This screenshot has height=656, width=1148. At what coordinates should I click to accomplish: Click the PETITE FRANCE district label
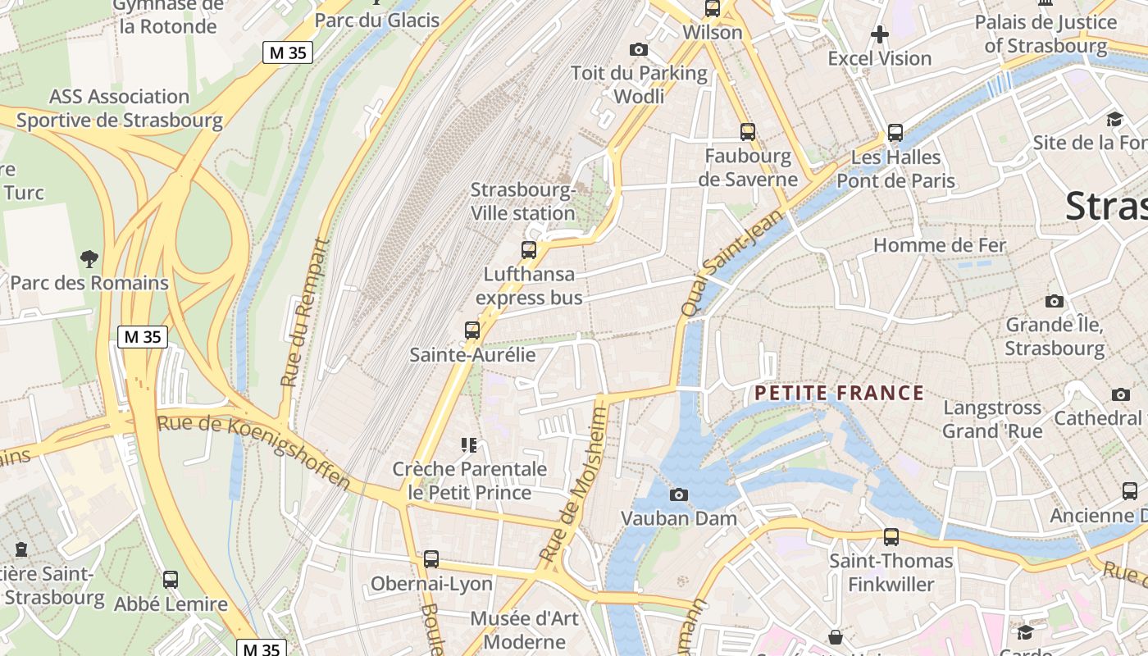(839, 393)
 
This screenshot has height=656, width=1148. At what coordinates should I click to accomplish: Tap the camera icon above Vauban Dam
(679, 494)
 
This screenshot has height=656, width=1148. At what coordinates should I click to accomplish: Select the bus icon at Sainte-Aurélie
(472, 330)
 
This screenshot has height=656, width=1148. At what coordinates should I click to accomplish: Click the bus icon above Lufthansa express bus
(529, 250)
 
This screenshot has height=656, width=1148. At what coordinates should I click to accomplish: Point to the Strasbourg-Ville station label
(522, 202)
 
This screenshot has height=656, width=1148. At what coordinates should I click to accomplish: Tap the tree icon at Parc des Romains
(89, 260)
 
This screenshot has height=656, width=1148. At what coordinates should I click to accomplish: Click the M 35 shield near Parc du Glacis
(288, 53)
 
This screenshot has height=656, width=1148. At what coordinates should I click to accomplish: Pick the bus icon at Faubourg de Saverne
(748, 131)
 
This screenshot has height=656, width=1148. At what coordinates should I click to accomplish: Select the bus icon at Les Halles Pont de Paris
(895, 133)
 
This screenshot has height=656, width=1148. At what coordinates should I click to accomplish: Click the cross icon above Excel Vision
(879, 34)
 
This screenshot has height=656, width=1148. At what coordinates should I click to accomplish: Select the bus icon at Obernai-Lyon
(431, 559)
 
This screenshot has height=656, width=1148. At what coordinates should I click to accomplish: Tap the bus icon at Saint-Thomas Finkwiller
(891, 537)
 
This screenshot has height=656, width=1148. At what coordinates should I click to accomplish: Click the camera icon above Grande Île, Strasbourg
(1055, 301)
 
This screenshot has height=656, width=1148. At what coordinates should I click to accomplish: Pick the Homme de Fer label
(939, 244)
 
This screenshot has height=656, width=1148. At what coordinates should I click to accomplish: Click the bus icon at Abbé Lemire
(171, 580)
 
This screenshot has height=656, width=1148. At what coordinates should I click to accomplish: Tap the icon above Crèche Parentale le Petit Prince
(469, 445)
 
